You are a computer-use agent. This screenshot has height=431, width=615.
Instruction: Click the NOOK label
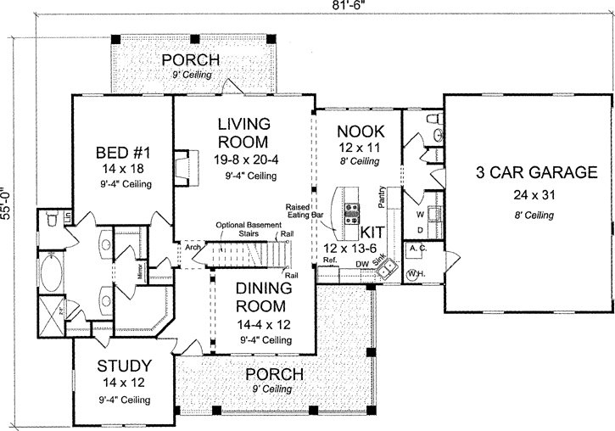[361, 132]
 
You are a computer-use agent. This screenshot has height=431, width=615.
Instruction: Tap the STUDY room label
[124, 367]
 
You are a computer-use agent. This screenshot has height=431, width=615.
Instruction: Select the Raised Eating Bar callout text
[306, 211]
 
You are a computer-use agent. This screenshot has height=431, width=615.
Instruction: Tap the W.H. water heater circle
[416, 274]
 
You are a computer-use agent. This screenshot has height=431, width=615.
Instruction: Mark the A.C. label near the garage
[417, 248]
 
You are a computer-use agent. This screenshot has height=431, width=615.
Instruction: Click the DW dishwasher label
[361, 264]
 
